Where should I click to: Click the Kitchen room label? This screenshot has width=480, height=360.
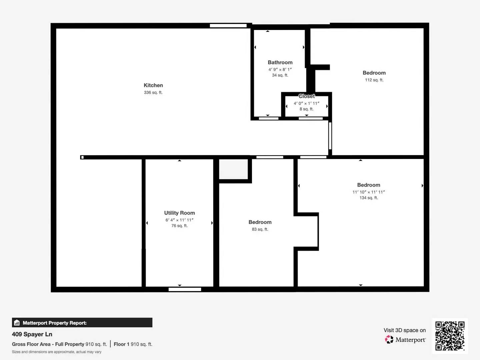pyautogui.click(x=153, y=85)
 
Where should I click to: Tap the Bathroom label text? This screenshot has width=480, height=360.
pyautogui.click(x=280, y=62)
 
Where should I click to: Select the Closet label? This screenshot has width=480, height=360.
pyautogui.click(x=307, y=96)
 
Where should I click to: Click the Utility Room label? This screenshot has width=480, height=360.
pyautogui.click(x=179, y=213)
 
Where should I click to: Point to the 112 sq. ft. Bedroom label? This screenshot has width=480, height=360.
pyautogui.click(x=374, y=73)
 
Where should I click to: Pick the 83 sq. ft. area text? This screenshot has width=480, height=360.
pyautogui.click(x=260, y=229)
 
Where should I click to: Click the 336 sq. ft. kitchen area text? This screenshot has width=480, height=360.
pyautogui.click(x=153, y=93)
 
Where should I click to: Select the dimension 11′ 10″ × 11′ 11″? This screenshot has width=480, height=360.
pyautogui.click(x=369, y=192)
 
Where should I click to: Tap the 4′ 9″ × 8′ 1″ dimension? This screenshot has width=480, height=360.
pyautogui.click(x=280, y=70)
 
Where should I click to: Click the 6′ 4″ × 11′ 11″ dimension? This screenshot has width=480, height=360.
pyautogui.click(x=179, y=220)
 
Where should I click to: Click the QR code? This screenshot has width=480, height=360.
pyautogui.click(x=450, y=336)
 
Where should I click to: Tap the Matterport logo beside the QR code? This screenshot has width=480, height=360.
pyautogui.click(x=389, y=340)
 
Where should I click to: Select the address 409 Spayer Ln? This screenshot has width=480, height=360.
pyautogui.click(x=32, y=334)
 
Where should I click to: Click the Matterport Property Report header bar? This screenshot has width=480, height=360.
pyautogui.click(x=82, y=323)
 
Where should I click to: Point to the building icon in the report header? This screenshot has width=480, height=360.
pyautogui.click(x=17, y=323)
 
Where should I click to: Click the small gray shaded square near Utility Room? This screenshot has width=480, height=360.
pyautogui.click(x=233, y=169)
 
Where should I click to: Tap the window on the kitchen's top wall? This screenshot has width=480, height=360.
pyautogui.click(x=228, y=26)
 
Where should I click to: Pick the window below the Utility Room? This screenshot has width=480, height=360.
pyautogui.click(x=185, y=289)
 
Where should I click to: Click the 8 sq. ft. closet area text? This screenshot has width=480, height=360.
pyautogui.click(x=307, y=109)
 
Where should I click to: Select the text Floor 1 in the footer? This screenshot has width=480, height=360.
pyautogui.click(x=121, y=344)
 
